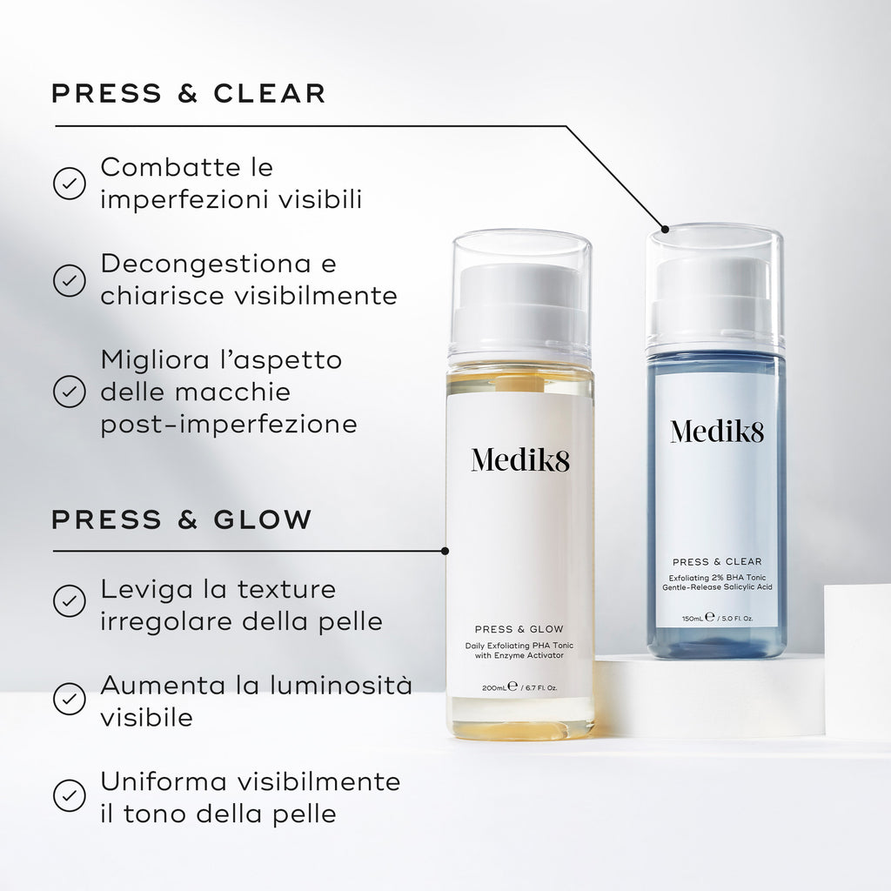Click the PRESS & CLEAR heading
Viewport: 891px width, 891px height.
(x=189, y=94)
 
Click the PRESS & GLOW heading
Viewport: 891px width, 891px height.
(x=182, y=520)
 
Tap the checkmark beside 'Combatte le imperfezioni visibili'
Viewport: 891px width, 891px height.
(x=70, y=183)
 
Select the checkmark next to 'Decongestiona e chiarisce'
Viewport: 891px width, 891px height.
(x=70, y=280)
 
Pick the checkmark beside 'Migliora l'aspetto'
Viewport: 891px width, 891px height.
(x=70, y=392)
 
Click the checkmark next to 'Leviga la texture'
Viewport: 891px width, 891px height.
(x=70, y=600)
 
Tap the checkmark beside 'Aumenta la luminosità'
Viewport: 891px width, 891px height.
(x=70, y=697)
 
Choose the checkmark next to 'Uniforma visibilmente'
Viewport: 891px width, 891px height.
(x=70, y=794)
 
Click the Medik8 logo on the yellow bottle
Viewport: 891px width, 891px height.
(x=520, y=459)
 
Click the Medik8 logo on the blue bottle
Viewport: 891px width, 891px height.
(x=717, y=430)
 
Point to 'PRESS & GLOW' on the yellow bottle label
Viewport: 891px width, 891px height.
(x=519, y=629)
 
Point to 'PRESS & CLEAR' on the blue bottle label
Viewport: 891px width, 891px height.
(x=717, y=562)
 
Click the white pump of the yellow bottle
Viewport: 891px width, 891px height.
(x=520, y=301)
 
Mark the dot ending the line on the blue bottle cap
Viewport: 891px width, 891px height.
(x=666, y=230)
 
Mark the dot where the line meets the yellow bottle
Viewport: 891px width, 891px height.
(x=445, y=551)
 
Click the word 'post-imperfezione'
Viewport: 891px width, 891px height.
(x=229, y=425)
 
